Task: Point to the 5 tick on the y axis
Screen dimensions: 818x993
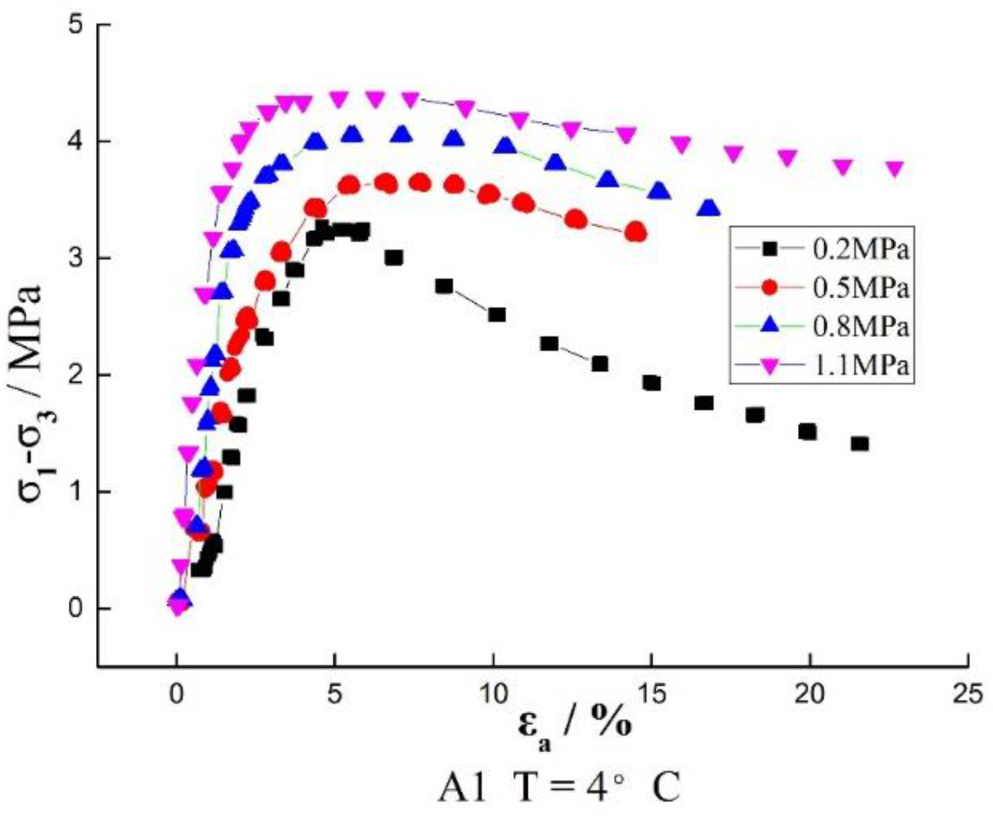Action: [x=76, y=25]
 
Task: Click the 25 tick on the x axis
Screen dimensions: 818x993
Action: [x=968, y=692]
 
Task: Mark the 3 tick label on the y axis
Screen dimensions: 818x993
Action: [x=76, y=258]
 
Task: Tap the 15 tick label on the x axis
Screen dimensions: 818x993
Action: [x=651, y=692]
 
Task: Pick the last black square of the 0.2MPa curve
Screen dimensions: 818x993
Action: [x=859, y=444]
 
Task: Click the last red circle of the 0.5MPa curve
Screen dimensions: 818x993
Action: [x=636, y=232]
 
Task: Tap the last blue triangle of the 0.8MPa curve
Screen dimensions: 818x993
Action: [x=709, y=208]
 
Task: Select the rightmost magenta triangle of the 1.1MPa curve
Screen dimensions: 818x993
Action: [x=895, y=169]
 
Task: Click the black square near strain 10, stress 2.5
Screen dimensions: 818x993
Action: [x=497, y=314]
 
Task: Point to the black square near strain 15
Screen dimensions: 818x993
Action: [x=652, y=383]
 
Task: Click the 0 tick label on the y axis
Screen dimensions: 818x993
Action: [x=76, y=608]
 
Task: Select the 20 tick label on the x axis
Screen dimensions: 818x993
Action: [x=809, y=692]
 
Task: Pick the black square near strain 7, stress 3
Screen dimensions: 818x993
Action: [x=393, y=257]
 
